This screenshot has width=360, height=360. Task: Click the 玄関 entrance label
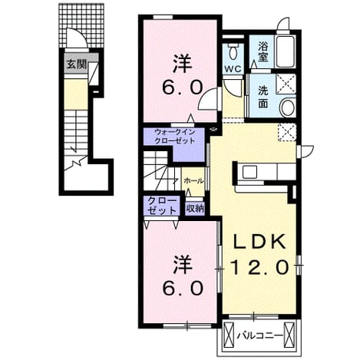pos(77,64)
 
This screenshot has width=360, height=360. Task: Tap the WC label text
pos(233,68)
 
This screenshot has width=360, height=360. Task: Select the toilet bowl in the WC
pos(233,52)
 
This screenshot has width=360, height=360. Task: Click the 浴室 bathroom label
pos(263,51)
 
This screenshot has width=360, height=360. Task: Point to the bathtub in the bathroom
pos(286,51)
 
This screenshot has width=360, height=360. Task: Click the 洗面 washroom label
pos(263,97)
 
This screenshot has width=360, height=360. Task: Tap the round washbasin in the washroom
pos(287,107)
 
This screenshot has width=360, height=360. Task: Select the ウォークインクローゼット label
pos(175,137)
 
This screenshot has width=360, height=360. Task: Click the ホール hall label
pos(193,180)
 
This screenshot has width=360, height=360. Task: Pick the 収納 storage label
pos(195,209)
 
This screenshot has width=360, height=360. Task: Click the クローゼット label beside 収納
pos(162,206)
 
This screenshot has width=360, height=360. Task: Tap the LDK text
pos(259,242)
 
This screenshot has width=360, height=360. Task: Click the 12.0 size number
pos(259,267)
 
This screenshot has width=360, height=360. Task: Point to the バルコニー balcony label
pos(259,335)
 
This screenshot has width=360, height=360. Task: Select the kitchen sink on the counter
pos(249,172)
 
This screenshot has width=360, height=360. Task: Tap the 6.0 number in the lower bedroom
pos(183,288)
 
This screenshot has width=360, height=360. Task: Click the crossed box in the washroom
pos(286,84)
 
